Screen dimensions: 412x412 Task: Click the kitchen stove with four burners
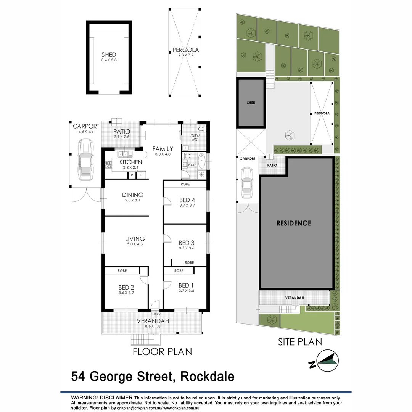(x=108, y=165)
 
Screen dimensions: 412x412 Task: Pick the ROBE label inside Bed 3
(x=189, y=262)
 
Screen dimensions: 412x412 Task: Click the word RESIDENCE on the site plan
(x=294, y=223)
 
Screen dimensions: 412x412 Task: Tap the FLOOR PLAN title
(x=162, y=351)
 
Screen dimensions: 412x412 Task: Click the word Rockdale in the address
(x=207, y=377)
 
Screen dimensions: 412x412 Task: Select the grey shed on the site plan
(x=250, y=103)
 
